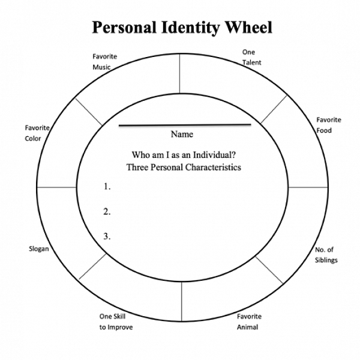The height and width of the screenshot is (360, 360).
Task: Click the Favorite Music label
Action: coord(104,62)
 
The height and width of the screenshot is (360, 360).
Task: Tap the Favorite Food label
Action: coord(328,125)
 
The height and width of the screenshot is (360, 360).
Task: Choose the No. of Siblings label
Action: coord(326,255)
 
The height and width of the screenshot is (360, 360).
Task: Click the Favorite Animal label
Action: coord(248,322)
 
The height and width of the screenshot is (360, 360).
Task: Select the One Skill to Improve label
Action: coord(116,322)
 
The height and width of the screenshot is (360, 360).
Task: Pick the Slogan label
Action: coord(38,248)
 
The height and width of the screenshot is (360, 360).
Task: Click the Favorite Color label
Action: coord(37,133)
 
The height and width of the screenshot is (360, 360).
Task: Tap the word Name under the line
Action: coord(182,134)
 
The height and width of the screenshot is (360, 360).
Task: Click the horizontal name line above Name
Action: coord(184,125)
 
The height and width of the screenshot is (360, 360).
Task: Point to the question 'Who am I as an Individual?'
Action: coord(184,154)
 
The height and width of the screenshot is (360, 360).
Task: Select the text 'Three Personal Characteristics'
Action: coord(184,167)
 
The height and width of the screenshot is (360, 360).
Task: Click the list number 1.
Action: coord(107,187)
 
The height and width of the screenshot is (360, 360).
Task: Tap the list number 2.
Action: coord(107,211)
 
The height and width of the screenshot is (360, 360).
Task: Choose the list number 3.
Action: coord(107,236)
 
